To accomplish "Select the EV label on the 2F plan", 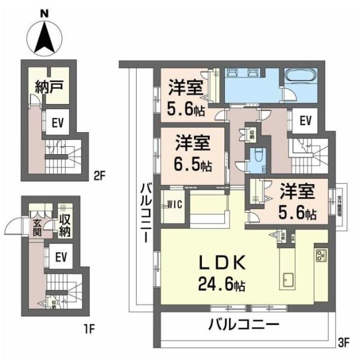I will pyautogui.click(x=57, y=123).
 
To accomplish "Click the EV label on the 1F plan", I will pyautogui.click(x=61, y=257).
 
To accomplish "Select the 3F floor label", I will pyautogui.click(x=344, y=341).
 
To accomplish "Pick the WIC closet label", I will pyautogui.click(x=174, y=205).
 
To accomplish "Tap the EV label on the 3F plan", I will pyautogui.click(x=305, y=120).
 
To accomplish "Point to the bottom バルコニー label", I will pyautogui.click(x=244, y=325).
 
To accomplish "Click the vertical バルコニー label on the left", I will pyautogui.click(x=145, y=210).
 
